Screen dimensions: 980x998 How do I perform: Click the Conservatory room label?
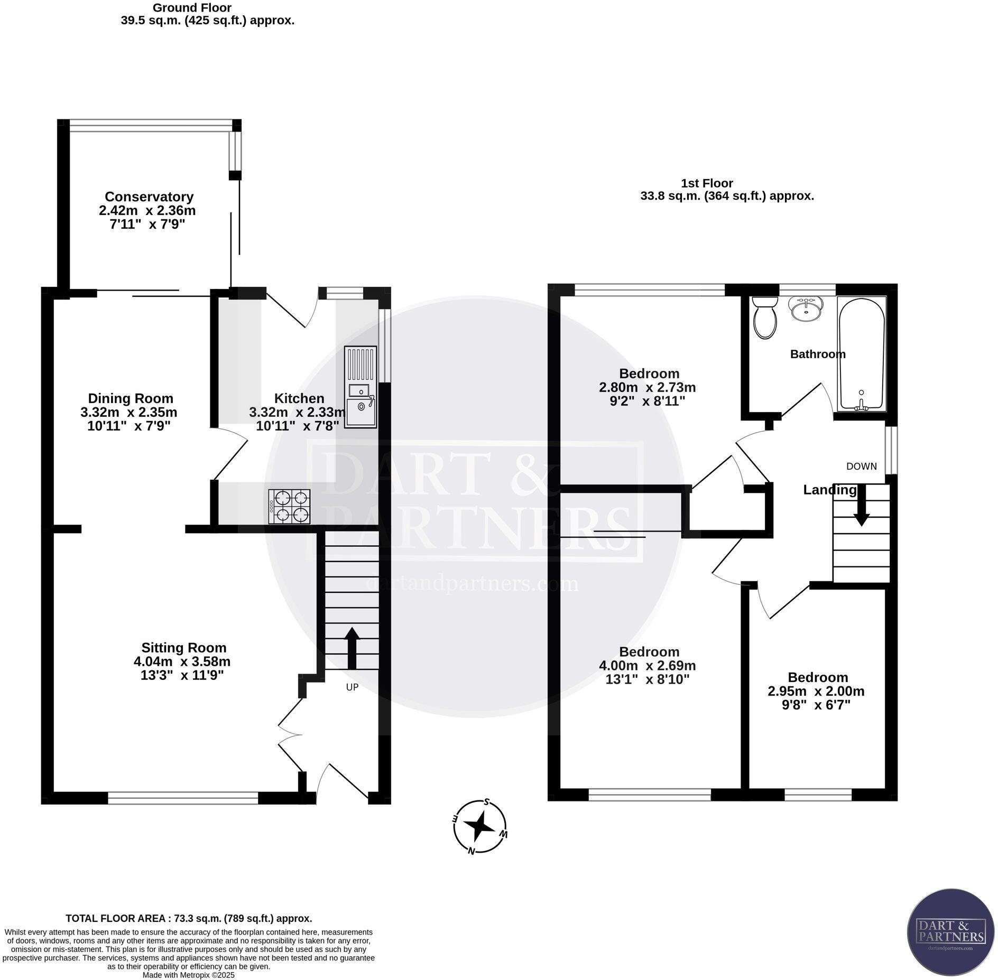149,197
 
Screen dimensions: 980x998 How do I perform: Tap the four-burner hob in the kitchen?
289,506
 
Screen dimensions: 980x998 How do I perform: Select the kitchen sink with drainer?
361,387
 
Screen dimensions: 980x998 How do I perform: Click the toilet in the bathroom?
765,316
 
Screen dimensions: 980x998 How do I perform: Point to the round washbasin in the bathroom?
805,307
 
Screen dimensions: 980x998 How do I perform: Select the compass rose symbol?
480,826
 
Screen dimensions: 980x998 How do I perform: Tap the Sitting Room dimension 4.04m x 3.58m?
182,661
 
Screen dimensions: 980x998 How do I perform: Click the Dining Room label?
131,398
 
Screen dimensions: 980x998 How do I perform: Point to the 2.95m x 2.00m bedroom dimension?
816,691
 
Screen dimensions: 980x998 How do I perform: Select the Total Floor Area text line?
189,918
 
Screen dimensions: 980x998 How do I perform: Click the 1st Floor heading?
707,183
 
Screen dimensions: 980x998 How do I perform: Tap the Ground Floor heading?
191,8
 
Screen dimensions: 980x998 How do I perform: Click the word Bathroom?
817,354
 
